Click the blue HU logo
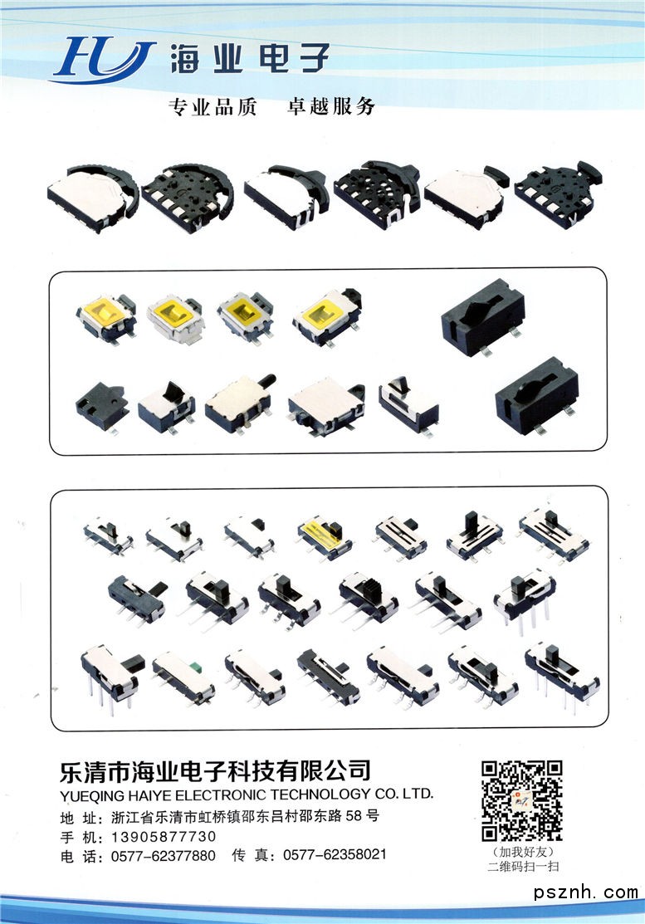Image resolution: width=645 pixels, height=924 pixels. tap(104, 60)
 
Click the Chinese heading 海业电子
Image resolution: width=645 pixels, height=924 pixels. tap(249, 59)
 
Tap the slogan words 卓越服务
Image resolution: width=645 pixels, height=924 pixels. tap(331, 106)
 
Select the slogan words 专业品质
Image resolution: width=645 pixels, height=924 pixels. tap(213, 107)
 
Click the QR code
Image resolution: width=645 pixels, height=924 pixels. tap(522, 800)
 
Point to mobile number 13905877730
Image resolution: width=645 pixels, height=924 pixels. tap(164, 836)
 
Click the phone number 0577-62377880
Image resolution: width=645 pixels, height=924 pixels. tap(164, 856)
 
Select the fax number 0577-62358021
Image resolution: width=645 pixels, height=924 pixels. tap(335, 854)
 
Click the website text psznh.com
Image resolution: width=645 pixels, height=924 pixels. tap(586, 892)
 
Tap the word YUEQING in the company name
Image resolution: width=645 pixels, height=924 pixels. tap(92, 796)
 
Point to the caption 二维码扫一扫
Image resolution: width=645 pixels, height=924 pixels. tap(523, 866)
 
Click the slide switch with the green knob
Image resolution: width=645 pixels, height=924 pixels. tap(183, 677)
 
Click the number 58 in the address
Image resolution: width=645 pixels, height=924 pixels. tap(354, 815)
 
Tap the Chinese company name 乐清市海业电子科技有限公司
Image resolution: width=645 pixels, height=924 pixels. tap(215, 770)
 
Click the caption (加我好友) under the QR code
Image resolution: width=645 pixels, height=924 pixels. tap(523, 852)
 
